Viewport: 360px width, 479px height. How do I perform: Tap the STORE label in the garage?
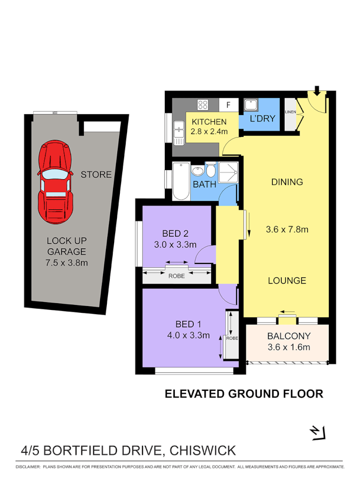96,174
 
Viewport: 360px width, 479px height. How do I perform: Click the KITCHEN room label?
209,122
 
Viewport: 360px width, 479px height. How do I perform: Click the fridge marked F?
228,105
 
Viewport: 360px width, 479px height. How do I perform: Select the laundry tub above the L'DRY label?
251,104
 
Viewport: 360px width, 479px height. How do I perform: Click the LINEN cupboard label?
290,112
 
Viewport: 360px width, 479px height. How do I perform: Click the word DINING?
287,182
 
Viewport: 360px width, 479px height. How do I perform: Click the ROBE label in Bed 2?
177,276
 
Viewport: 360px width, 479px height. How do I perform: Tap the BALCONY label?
289,336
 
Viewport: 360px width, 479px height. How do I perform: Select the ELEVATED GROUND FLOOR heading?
244,394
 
